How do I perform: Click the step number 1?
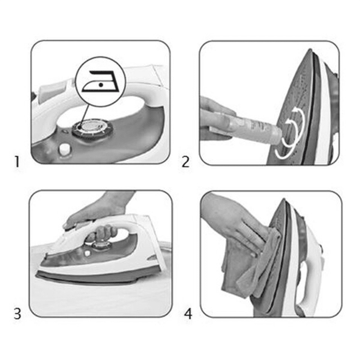pyautogui.click(x=17, y=162)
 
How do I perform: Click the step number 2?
pyautogui.click(x=185, y=162)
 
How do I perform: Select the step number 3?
pyautogui.click(x=18, y=313)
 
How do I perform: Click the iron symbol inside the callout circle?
pyautogui.click(x=101, y=81)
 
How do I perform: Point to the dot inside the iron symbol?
pyautogui.click(x=100, y=85)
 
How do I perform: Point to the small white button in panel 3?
pyautogui.click(x=87, y=253)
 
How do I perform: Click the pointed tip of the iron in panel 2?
pyautogui.click(x=310, y=49)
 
